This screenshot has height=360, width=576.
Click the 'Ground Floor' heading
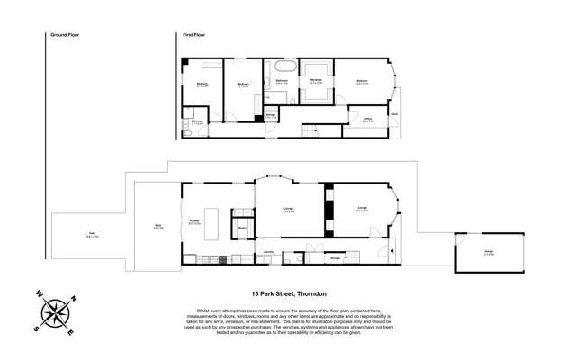(59, 34)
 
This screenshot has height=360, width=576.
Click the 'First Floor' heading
(194, 34)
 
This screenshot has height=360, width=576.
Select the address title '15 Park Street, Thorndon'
(288, 292)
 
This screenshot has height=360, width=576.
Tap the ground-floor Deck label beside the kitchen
(158, 227)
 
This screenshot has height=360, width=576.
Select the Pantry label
(243, 227)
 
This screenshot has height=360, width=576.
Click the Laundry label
(268, 251)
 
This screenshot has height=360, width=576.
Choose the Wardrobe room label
(317, 81)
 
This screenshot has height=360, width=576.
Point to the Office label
(368, 119)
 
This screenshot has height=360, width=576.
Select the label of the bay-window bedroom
(362, 81)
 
